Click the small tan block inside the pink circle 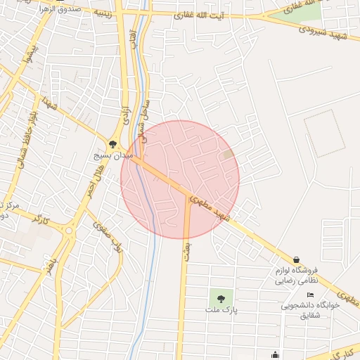[227, 153]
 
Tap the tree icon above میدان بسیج [112, 143]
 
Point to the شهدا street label [49, 104]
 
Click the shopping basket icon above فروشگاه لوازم [296, 259]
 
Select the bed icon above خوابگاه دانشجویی [310, 294]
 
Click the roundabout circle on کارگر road [69, 230]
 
